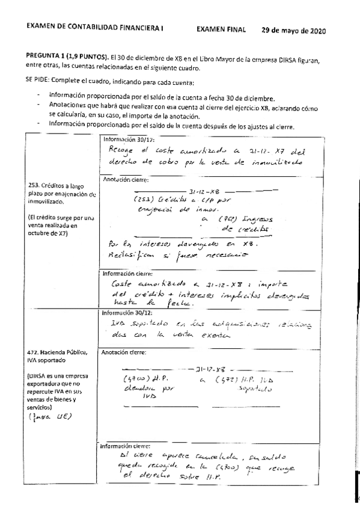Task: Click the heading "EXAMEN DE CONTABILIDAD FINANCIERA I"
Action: point(95,28)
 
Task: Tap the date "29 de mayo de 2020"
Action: point(294,30)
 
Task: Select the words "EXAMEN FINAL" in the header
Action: point(221,29)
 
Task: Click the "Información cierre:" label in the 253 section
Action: point(126,274)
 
